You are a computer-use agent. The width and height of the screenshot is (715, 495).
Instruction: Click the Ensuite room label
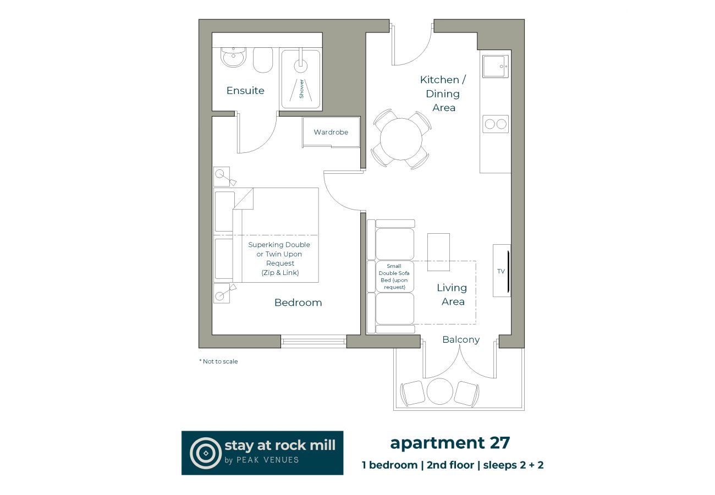pos(245,91)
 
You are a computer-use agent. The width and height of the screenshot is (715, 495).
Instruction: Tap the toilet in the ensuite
pos(263,60)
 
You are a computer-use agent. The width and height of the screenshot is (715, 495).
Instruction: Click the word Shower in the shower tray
pos(301,89)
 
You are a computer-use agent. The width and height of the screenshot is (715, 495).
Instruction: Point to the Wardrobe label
pos(331,133)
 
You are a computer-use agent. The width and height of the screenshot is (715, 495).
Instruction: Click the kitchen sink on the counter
pos(495,67)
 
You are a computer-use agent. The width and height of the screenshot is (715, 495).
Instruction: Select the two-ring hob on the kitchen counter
pos(495,124)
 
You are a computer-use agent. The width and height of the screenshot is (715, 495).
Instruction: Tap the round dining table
pos(401,139)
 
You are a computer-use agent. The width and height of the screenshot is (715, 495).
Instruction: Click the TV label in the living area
pos(501,271)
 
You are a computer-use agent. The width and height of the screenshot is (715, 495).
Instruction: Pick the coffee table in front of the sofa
pos(438,252)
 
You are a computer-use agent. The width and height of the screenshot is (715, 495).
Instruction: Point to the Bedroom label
pos(298,302)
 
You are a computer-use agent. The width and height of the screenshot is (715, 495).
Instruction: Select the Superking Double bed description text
pos(279,258)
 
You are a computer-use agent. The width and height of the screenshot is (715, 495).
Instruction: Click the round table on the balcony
pos(440,392)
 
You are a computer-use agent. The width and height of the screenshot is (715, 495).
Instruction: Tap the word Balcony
pos(461,340)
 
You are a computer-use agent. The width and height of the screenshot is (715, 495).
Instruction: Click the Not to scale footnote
pos(218,361)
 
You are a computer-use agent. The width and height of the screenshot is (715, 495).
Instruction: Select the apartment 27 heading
pos(450,442)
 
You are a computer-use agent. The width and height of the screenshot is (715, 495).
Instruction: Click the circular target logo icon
pos(206,453)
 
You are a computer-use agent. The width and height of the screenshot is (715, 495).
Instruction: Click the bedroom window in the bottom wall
pos(313,341)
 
